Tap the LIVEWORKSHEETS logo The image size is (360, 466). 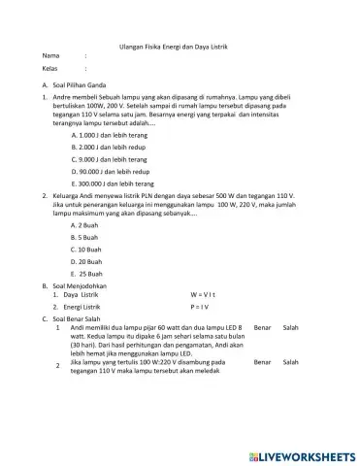click(x=300, y=456)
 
